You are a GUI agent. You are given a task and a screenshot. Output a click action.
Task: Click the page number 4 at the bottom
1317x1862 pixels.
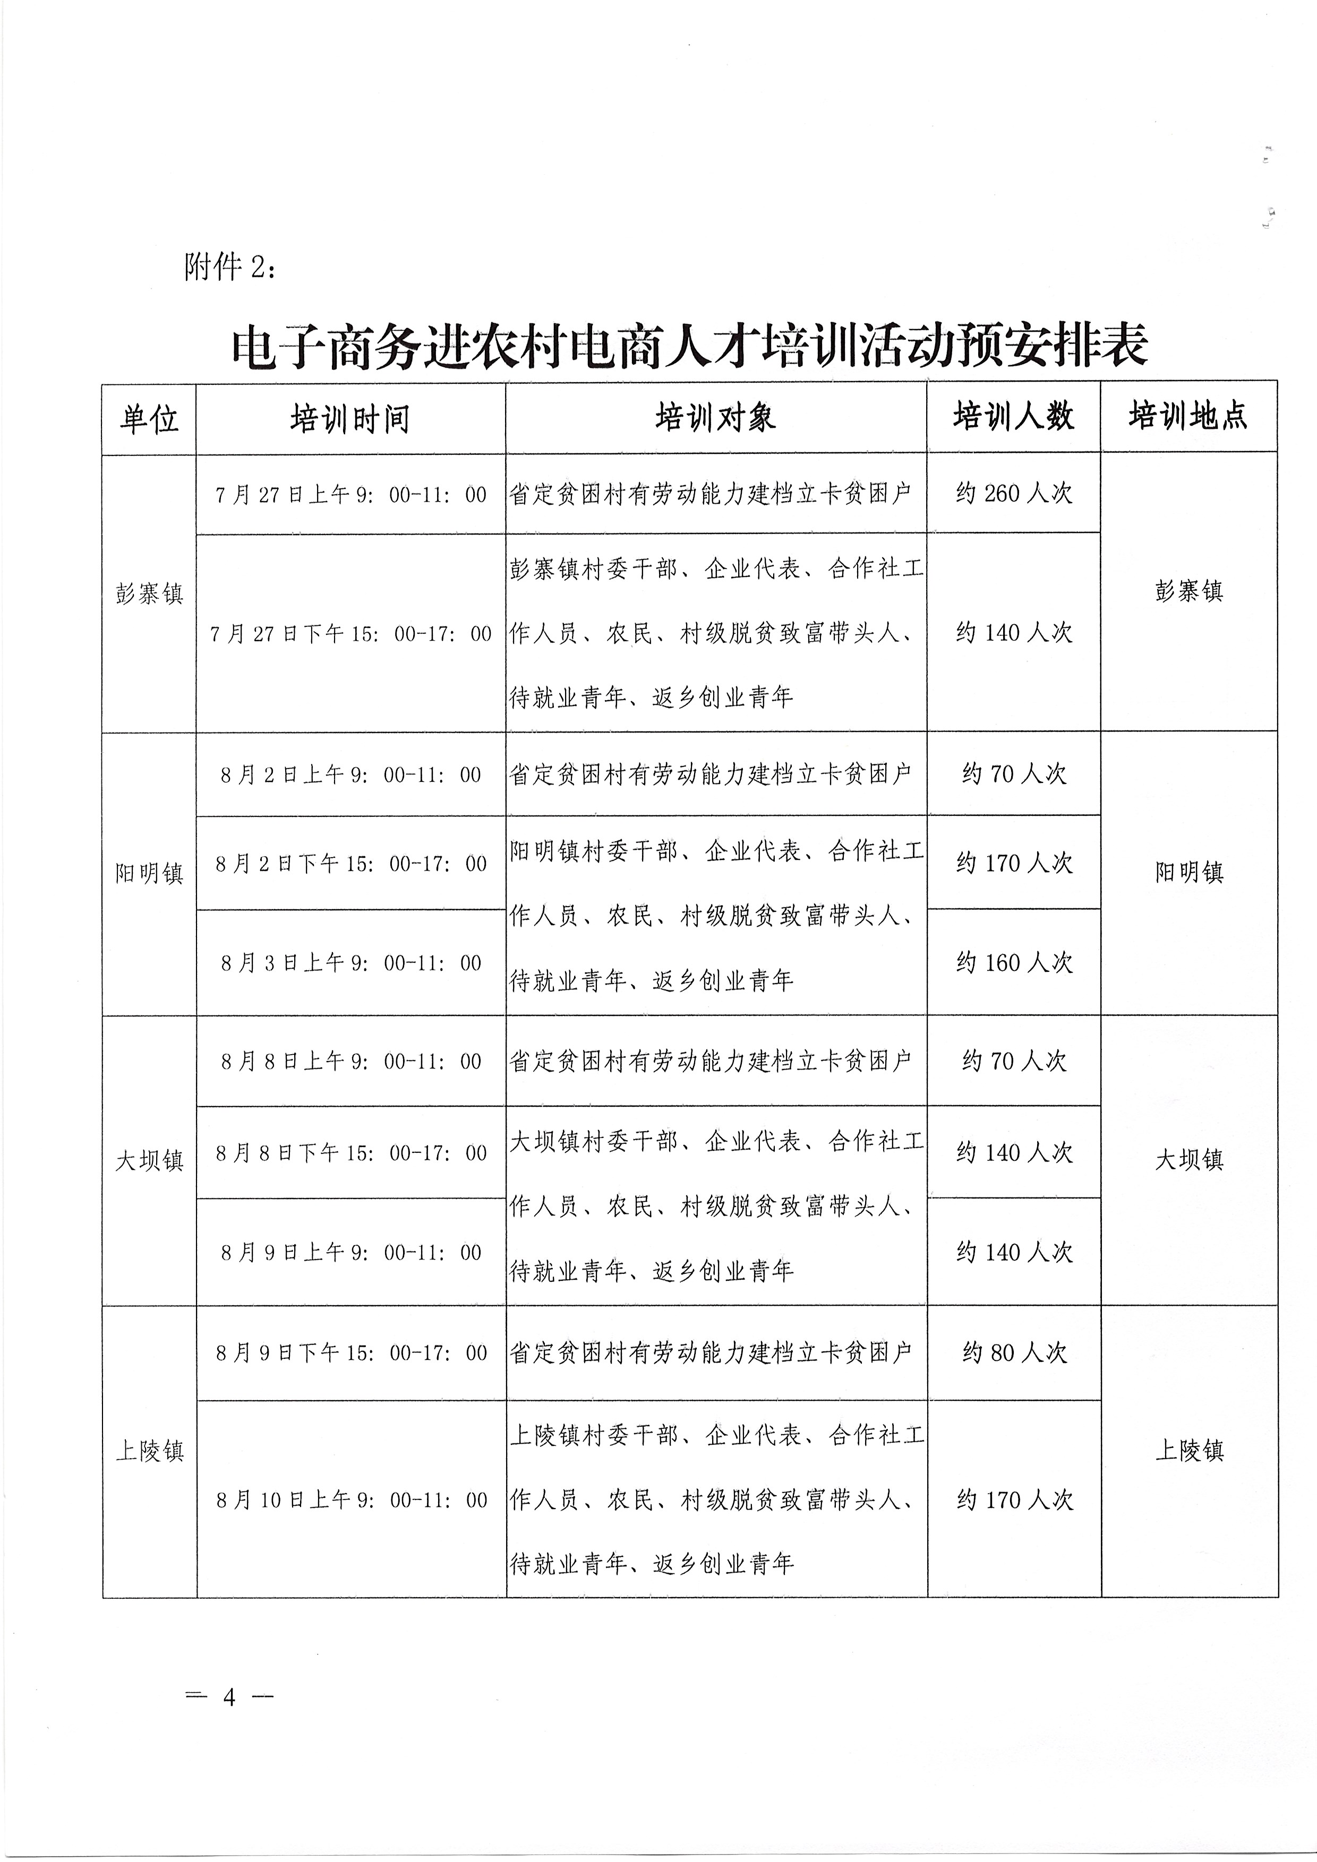229,1696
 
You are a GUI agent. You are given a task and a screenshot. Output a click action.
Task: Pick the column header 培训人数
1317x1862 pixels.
1014,417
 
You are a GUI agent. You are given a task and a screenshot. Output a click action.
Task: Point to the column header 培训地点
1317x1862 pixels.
1188,416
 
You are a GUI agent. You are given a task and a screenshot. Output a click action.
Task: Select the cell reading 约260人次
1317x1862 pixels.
1014,493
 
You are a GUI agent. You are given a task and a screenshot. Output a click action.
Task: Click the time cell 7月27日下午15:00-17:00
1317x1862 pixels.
350,633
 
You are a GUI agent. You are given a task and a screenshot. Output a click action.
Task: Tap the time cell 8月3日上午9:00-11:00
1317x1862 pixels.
350,963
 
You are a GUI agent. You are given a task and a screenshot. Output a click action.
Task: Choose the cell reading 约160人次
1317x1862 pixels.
1014,963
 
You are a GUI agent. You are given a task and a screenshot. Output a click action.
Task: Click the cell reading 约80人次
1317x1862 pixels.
1014,1352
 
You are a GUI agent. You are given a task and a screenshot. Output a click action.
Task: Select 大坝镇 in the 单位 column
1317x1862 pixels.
149,1160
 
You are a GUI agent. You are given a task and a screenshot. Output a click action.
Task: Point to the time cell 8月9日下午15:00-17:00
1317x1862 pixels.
350,1352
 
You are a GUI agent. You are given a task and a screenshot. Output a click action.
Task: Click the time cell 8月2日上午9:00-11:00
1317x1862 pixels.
350,774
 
